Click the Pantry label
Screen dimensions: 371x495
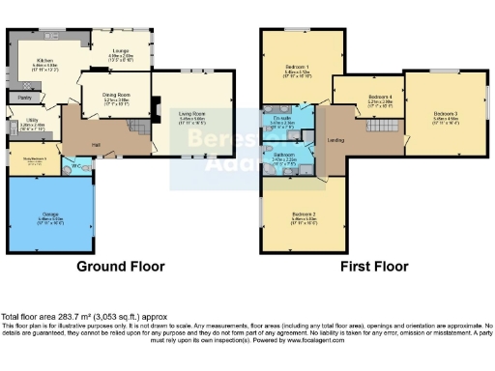(x=24, y=98)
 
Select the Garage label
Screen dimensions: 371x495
(x=50, y=216)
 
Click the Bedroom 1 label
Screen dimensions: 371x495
(x=296, y=68)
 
